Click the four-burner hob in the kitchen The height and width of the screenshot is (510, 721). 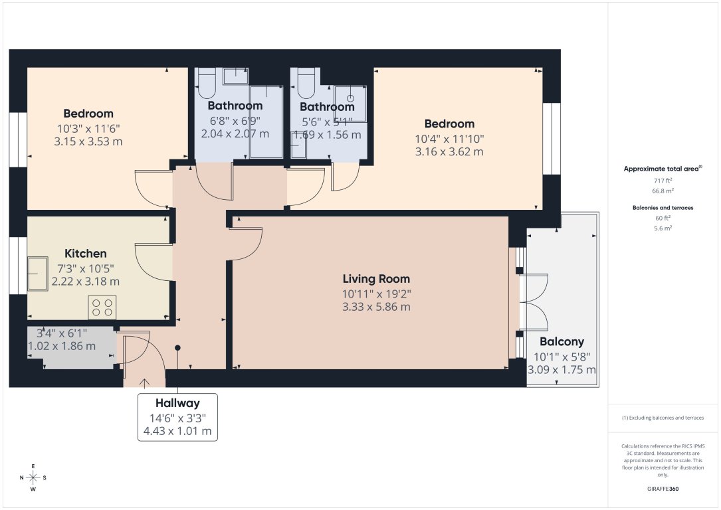click(x=102, y=307)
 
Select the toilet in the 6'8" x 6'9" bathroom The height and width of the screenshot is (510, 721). click(x=207, y=82)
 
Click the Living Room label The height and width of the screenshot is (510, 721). click(x=376, y=279)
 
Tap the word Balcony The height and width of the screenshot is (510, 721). click(x=562, y=342)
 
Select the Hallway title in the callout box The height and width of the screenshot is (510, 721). click(x=177, y=403)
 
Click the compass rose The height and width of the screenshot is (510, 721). click(x=33, y=477)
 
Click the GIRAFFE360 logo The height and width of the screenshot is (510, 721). click(x=663, y=489)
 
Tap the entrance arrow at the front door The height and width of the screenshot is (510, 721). click(x=144, y=382)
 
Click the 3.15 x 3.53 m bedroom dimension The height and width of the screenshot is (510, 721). click(x=88, y=141)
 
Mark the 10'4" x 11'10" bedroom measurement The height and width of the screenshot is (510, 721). click(x=450, y=139)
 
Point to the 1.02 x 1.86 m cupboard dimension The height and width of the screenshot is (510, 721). click(x=62, y=346)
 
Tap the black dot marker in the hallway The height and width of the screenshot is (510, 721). click(x=177, y=347)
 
